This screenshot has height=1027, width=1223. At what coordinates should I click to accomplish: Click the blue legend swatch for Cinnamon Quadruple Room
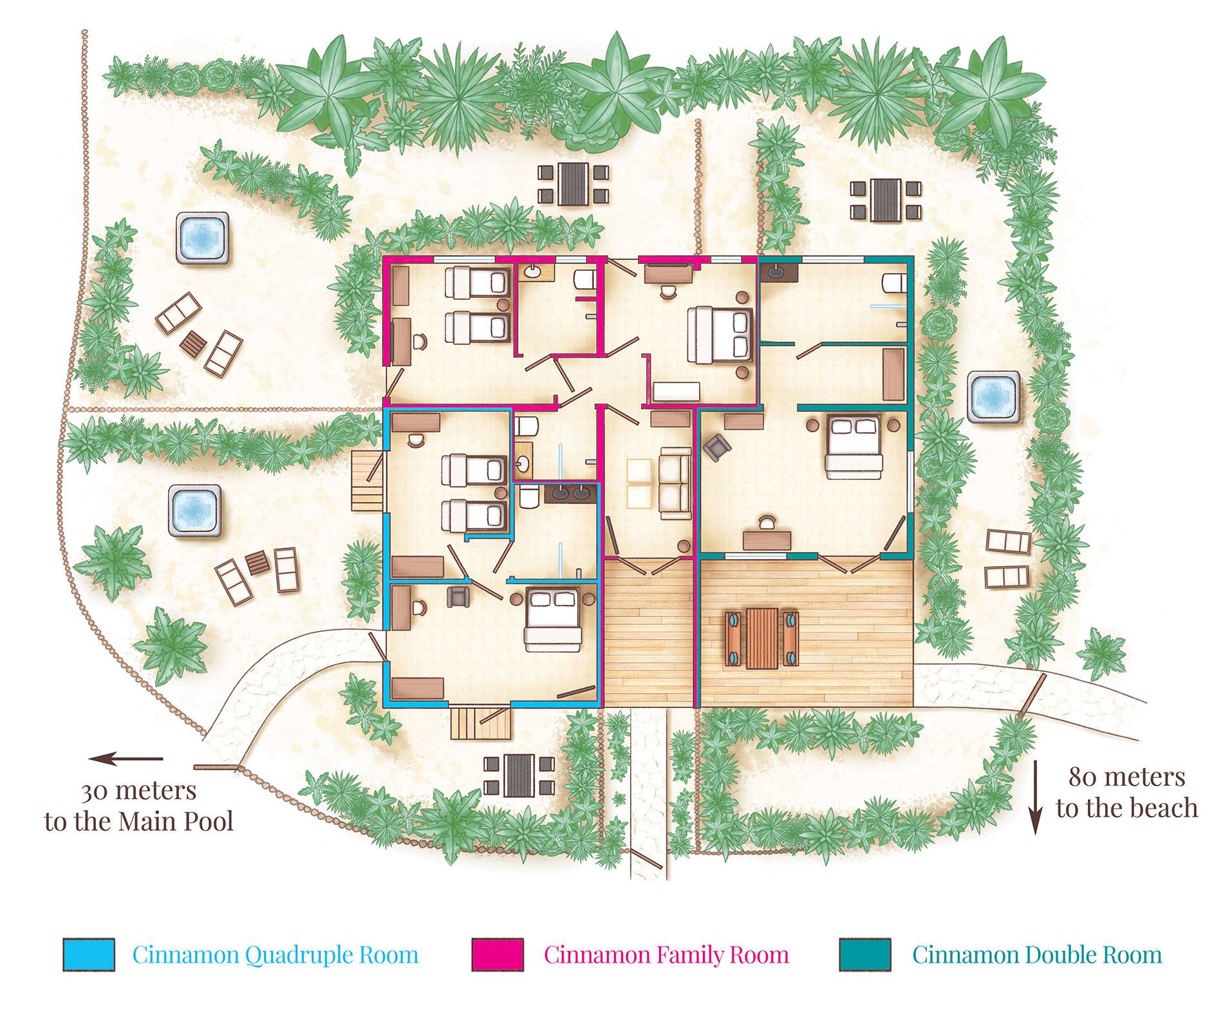coord(89,954)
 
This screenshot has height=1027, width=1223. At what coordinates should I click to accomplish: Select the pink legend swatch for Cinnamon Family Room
coord(497,954)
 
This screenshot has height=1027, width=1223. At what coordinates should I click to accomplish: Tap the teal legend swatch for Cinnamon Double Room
coord(866,954)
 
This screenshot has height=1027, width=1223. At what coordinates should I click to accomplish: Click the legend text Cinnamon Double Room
coord(1037,954)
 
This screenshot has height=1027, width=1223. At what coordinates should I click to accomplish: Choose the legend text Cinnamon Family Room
coord(666,954)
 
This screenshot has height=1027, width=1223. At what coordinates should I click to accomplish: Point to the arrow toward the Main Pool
coord(126,759)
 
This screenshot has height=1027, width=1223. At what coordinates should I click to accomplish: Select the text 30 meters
coord(138,790)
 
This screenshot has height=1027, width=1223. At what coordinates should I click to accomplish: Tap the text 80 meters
coord(1126,777)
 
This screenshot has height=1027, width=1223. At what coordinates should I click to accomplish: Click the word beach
coord(1163,808)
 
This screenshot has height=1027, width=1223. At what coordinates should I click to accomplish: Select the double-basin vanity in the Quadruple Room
coord(570,494)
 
